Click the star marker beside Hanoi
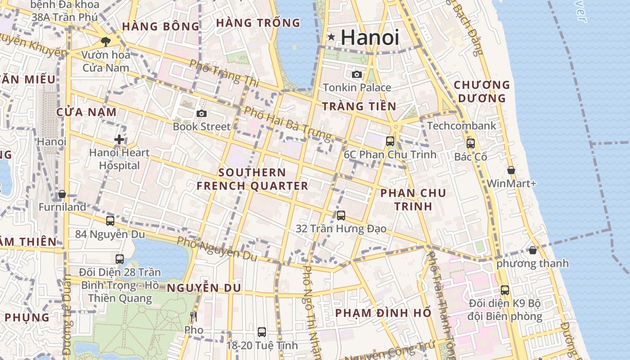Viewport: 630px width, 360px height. coord(331,37)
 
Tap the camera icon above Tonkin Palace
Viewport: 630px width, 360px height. coord(357,74)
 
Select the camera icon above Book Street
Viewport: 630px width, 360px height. coord(202,113)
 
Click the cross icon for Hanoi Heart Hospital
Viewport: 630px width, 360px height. coord(119,139)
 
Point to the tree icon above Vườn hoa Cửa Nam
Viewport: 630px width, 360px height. coord(106,42)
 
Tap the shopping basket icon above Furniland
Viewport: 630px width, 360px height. coord(62,194)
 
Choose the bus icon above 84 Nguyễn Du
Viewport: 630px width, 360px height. coord(110,221)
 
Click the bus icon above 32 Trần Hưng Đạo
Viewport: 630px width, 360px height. coord(341,216)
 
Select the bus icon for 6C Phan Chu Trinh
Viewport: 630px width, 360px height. coord(390,141)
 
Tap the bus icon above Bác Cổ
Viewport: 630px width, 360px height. coord(471,144)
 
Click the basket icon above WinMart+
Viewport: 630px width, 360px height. coord(511,170)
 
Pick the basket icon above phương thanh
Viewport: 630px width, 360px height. coord(533,250)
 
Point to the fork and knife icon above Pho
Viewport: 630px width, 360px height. coord(193,317)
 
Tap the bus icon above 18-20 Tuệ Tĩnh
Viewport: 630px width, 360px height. coord(262,332)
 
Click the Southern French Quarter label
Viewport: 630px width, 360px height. coord(252,179)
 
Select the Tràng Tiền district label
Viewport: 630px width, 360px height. coord(359,107)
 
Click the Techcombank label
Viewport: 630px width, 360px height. coord(461,126)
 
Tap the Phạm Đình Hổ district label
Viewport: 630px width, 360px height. coord(383,313)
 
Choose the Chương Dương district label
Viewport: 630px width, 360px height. coord(481,91)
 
